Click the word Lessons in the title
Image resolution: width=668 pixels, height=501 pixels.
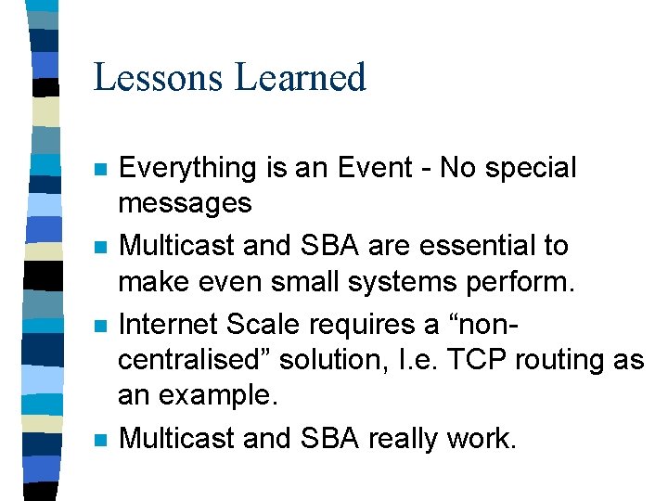tap(159, 77)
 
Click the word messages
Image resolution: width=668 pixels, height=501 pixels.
tap(185, 202)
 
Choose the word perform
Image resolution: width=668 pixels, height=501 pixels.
tap(519, 280)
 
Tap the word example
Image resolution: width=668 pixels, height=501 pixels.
tap(218, 396)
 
